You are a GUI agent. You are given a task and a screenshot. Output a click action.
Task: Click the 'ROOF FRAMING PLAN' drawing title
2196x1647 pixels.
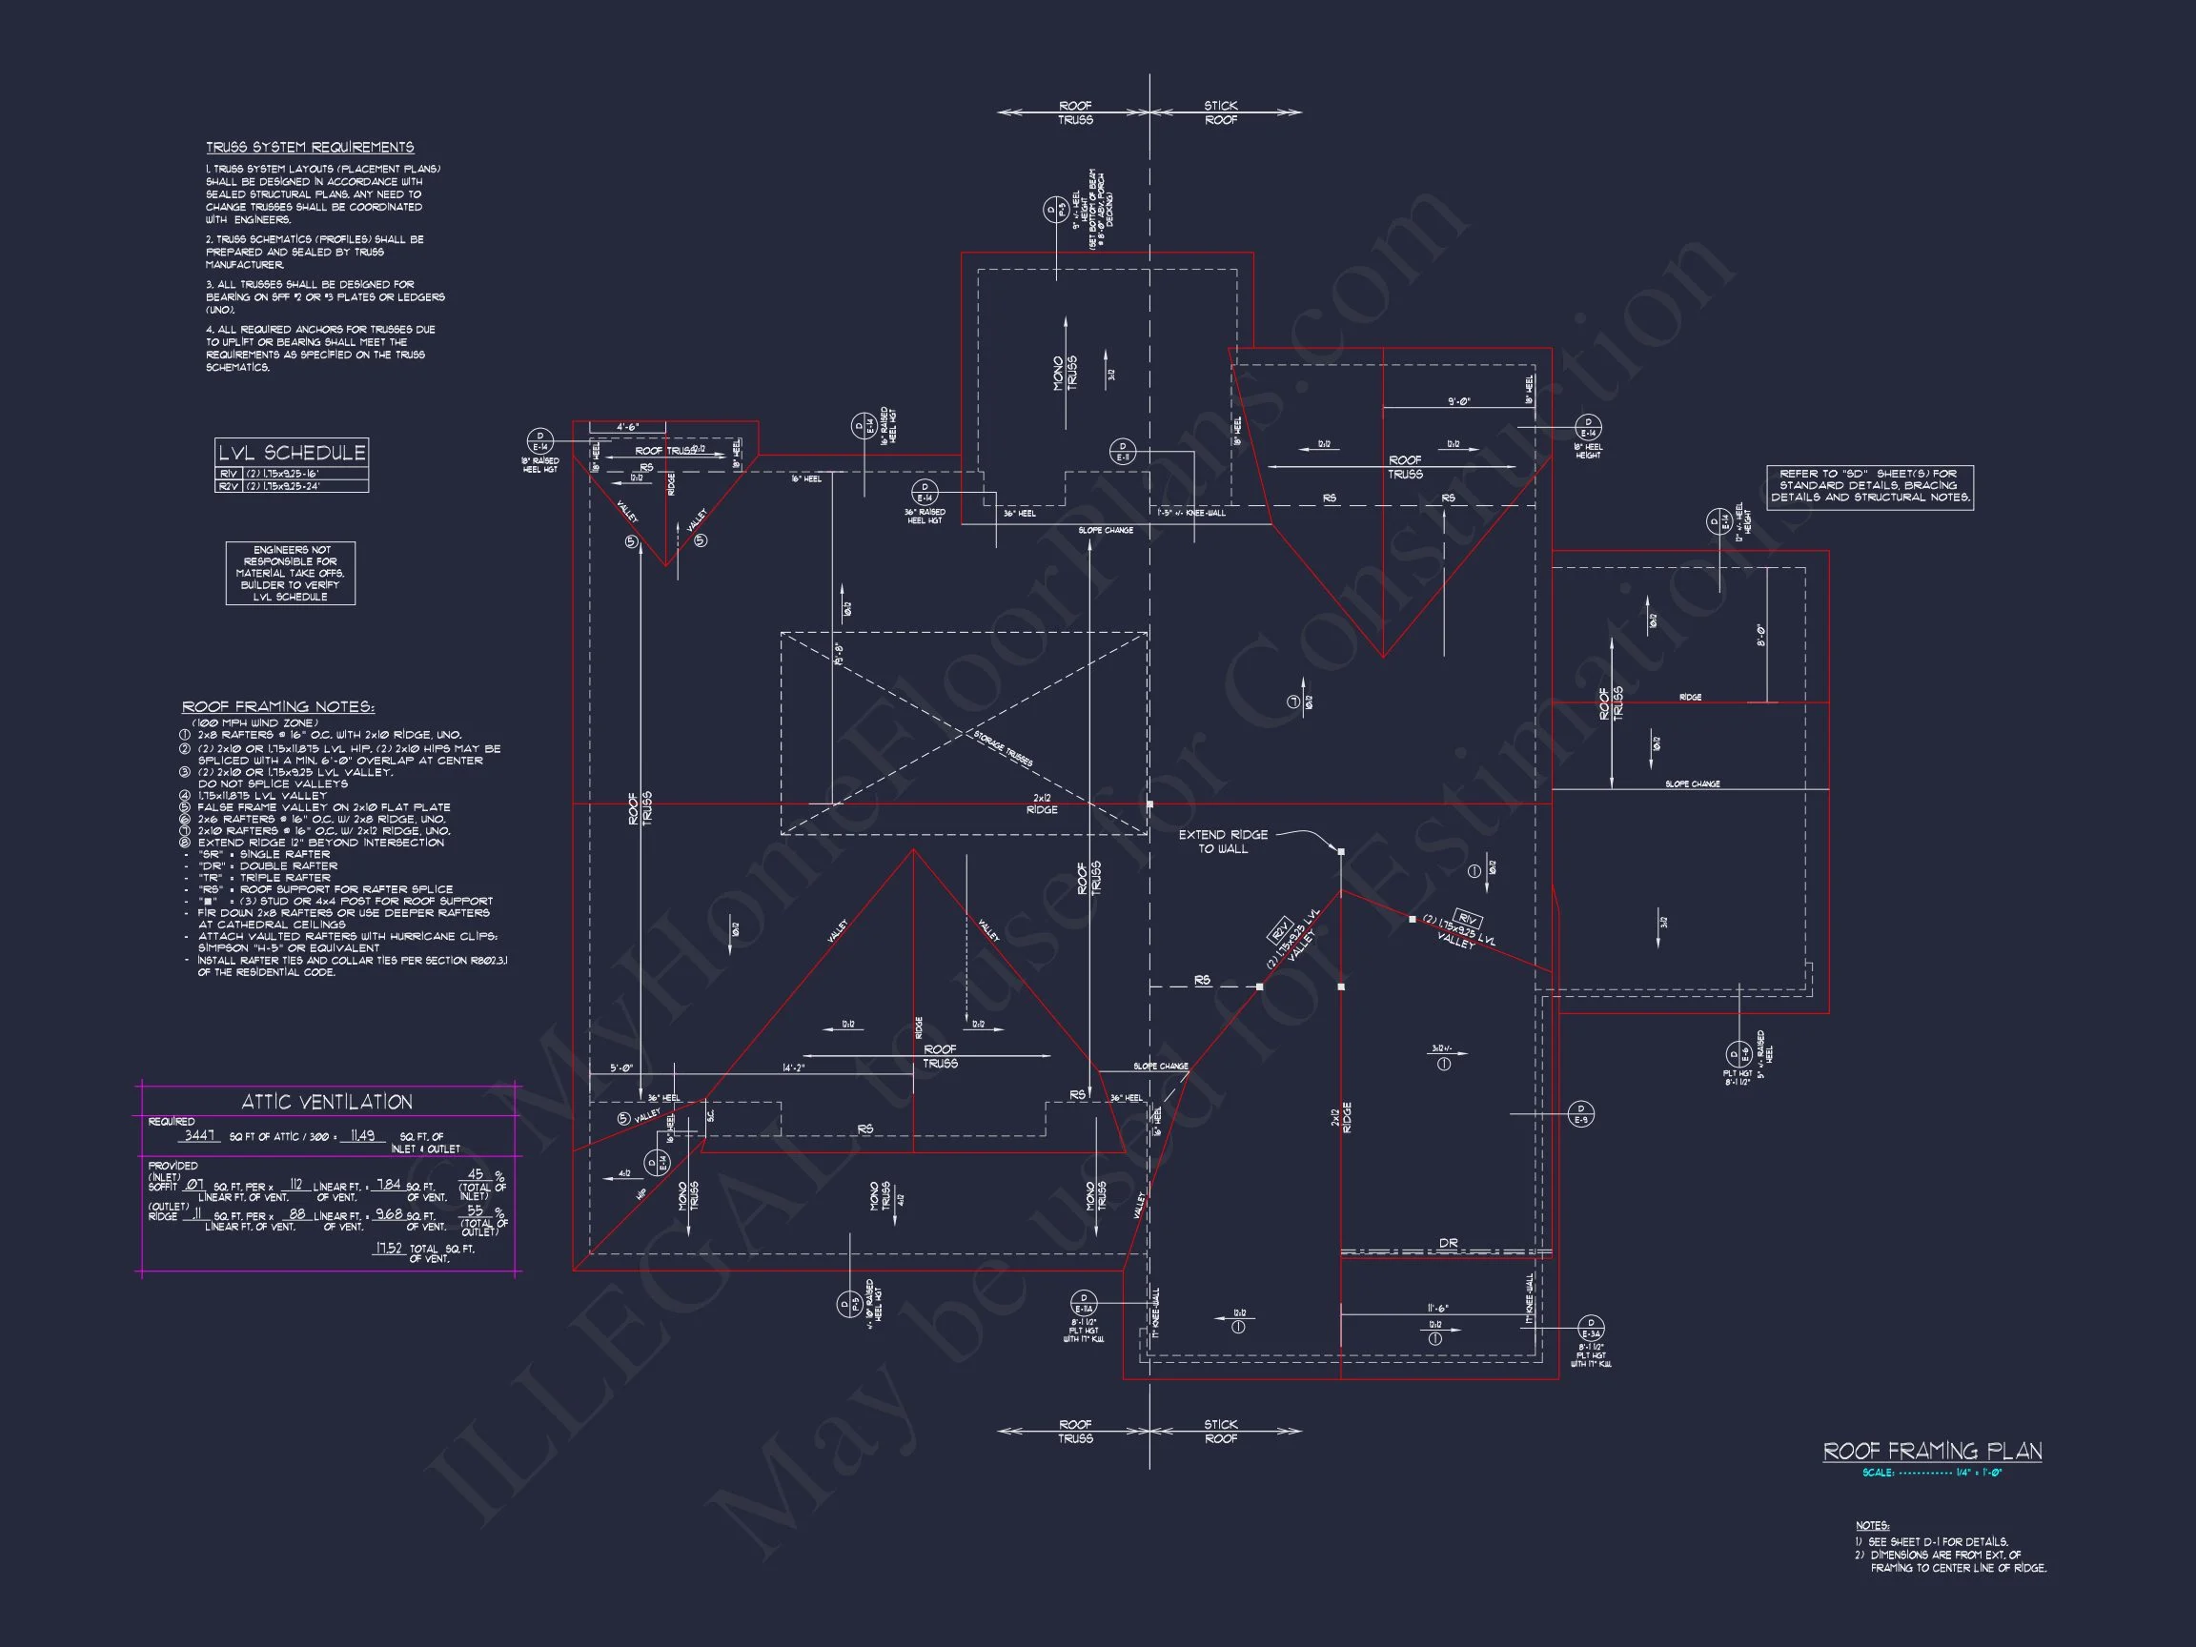coord(1932,1452)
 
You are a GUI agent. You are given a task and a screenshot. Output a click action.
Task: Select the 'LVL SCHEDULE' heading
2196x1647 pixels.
coord(292,453)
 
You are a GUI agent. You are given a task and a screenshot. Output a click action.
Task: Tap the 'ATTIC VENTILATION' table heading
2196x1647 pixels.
coord(327,1102)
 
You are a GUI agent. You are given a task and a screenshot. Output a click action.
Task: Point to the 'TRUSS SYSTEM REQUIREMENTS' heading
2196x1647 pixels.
coord(310,147)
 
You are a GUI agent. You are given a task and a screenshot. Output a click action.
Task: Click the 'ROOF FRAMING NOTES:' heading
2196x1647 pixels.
coord(278,707)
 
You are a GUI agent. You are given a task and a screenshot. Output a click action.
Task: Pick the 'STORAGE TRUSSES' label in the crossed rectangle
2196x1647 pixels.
coord(1003,749)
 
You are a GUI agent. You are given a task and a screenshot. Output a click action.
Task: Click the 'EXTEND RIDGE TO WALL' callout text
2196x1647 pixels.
coord(1222,842)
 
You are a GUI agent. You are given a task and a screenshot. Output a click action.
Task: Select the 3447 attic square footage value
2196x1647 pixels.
coord(200,1135)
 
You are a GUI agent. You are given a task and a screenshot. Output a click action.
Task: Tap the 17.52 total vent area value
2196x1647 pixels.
coord(388,1248)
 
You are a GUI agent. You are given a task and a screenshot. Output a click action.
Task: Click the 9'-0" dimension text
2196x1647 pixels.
coord(1458,402)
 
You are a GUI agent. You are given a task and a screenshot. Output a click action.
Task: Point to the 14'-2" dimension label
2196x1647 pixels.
coord(793,1068)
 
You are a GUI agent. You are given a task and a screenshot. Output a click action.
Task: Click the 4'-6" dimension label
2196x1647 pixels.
coord(627,427)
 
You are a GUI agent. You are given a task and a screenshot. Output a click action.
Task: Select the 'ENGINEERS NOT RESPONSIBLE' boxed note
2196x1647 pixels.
coord(290,573)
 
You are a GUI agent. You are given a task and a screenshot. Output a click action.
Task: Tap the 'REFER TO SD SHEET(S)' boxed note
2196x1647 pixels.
coord(1869,486)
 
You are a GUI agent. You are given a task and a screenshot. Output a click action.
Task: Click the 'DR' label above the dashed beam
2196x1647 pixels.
coord(1449,1243)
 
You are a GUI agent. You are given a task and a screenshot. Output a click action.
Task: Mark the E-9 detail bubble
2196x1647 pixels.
coord(1580,1114)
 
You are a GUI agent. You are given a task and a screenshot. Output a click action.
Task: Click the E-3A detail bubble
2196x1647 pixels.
coord(1591,1329)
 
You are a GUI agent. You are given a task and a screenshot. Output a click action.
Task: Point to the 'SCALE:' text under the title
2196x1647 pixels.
coord(1878,1473)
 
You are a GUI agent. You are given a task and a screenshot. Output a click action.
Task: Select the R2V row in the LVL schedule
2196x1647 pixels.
coord(292,486)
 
